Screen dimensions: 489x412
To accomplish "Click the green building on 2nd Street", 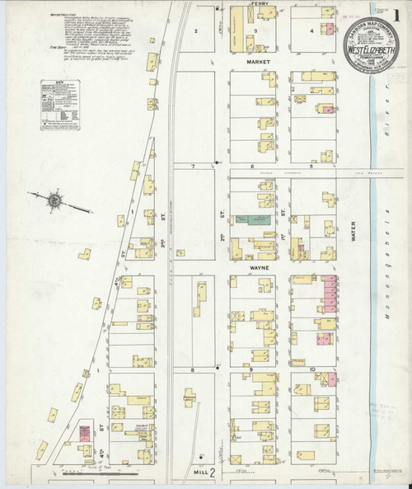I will [252, 219].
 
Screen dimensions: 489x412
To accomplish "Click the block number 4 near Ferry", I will [311, 31].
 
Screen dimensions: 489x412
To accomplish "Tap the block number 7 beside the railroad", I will [192, 167].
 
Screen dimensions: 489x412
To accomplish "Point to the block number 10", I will [313, 369].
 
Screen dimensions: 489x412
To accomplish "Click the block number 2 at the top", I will [196, 31].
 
